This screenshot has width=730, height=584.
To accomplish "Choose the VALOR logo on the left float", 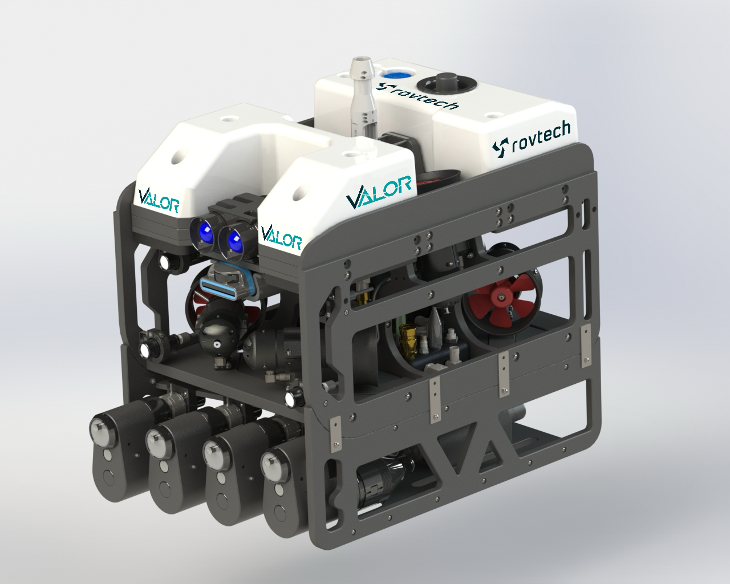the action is [159, 201].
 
